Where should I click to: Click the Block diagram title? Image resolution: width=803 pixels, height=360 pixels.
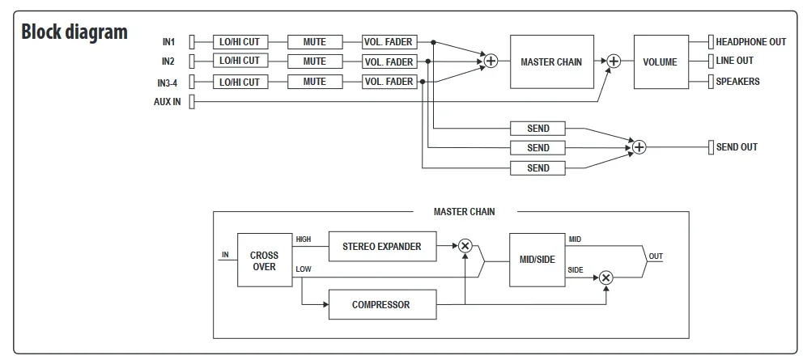[x=74, y=32]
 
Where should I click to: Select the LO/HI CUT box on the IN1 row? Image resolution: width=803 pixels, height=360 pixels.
[x=240, y=42]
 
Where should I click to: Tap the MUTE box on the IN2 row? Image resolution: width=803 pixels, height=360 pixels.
[x=314, y=61]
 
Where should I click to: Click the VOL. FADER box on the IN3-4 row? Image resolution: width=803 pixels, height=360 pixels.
[x=389, y=82]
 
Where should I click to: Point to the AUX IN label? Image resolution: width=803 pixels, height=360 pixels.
[x=167, y=102]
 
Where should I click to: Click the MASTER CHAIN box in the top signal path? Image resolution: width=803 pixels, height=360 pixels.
[x=551, y=61]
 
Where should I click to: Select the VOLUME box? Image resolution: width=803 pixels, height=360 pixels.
[x=660, y=61]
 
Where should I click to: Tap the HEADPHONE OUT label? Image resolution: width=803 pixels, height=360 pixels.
[x=750, y=42]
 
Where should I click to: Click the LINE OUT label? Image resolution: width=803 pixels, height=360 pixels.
[x=734, y=61]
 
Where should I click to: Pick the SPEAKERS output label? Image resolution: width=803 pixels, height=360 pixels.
[x=737, y=82]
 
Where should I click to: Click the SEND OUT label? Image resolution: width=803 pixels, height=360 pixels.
[x=737, y=147]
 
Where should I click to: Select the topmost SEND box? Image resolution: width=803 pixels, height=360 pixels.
[x=538, y=128]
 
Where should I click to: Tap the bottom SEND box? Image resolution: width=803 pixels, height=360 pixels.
[x=538, y=167]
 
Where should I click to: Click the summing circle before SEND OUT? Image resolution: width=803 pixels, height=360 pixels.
[x=639, y=147]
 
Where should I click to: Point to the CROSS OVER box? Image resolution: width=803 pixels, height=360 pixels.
[x=264, y=260]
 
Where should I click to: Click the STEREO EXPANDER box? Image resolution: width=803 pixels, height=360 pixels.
[x=382, y=246]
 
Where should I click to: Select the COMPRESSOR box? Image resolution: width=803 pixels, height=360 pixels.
[x=381, y=305]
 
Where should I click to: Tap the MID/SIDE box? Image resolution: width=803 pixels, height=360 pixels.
[x=536, y=260]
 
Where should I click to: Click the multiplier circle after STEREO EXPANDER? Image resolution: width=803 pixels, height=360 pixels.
[x=465, y=246]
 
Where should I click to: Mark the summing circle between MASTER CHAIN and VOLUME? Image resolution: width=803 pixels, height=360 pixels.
[x=614, y=61]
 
